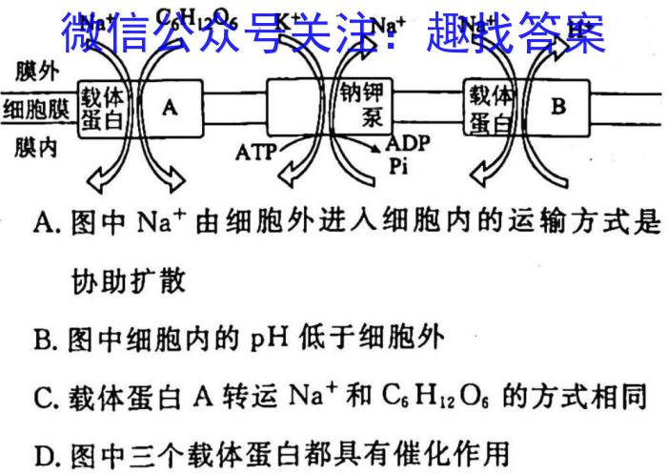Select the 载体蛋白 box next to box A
102,107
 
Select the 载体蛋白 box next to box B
490,107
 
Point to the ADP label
408,145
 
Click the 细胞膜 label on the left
36,107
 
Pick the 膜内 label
36,148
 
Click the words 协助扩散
129,281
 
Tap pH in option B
271,339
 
